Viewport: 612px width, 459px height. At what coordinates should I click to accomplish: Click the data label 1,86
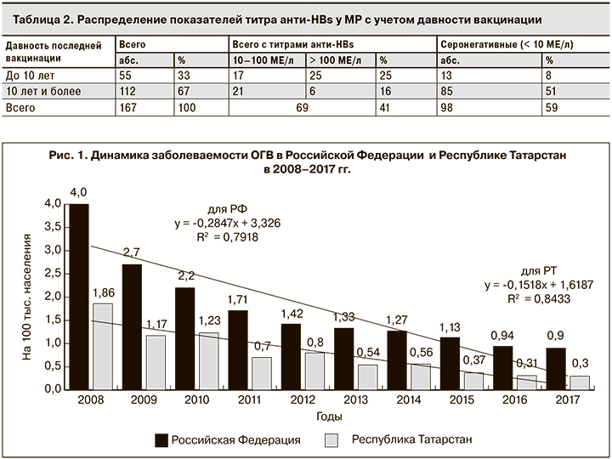click(102, 292)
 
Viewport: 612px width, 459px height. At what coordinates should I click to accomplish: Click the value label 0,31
click(526, 364)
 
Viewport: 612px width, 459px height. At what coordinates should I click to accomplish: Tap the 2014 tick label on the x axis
click(407, 399)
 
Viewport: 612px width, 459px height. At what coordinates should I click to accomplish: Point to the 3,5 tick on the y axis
click(53, 227)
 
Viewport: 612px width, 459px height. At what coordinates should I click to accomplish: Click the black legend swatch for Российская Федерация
click(160, 439)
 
